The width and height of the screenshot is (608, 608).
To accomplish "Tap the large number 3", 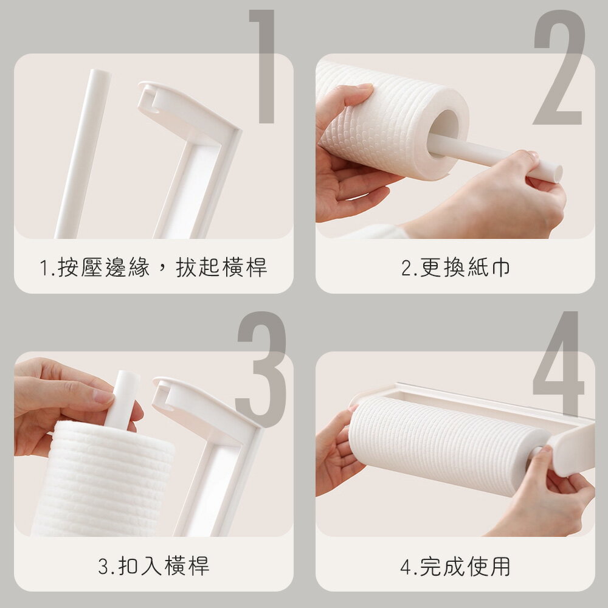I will click(261, 368).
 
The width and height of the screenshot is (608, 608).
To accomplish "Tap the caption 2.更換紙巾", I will click(455, 268).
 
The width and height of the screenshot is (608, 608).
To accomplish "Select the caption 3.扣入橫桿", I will click(153, 566).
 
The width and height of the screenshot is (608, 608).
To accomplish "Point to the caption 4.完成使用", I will click(455, 566).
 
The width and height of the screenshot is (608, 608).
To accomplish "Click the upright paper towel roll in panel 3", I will click(103, 480).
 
